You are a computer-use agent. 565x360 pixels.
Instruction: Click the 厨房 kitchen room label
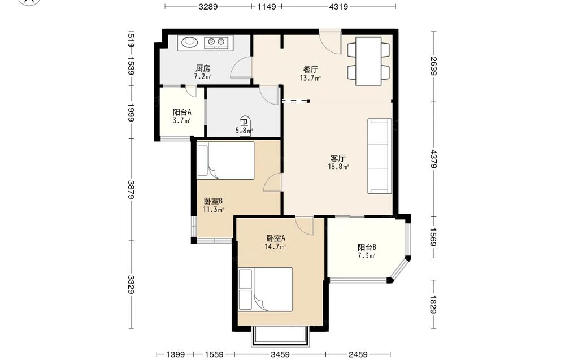coord(203,68)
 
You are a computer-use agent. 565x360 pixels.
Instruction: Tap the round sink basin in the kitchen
coord(189,42)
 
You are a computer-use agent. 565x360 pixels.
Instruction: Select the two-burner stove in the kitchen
coord(216,42)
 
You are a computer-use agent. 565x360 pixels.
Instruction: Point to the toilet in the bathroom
coord(245,126)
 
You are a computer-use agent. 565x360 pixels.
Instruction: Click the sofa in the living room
coord(380,156)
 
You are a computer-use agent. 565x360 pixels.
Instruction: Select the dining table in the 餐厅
coord(368,61)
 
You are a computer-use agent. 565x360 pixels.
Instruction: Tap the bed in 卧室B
coord(225,161)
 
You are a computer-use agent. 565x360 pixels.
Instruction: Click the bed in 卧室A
coord(265,289)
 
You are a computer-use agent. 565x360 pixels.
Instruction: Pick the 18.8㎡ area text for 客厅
coord(338,167)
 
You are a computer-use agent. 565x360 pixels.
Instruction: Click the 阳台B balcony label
coord(367,247)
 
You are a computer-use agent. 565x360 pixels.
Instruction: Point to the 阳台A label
coord(181,112)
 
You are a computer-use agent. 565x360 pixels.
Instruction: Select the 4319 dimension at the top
coord(338,6)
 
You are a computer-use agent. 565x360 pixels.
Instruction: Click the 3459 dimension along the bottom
coord(280,354)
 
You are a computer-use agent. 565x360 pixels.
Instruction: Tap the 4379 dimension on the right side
coord(433,159)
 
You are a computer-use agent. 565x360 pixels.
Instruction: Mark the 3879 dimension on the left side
coord(131,189)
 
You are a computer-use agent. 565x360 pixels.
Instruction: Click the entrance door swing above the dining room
coord(331,42)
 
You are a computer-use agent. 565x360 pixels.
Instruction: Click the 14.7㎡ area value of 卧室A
coord(276,247)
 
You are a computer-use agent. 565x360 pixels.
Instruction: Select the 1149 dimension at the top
coord(266,6)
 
